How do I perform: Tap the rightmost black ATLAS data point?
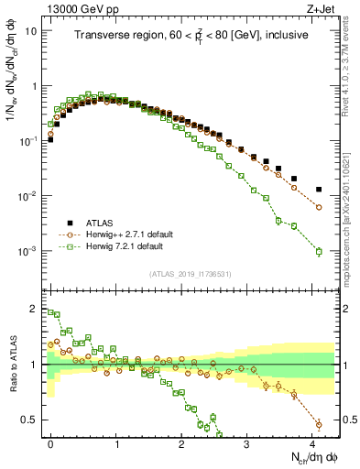[x=319, y=190]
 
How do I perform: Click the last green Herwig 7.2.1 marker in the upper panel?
[x=319, y=252]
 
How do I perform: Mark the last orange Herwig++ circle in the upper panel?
[x=319, y=208]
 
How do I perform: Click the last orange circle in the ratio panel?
[x=319, y=424]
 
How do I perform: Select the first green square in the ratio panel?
[x=50, y=312]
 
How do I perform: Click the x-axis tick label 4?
[x=312, y=443]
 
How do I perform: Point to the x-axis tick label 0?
[x=50, y=443]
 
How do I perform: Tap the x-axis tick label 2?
[x=181, y=443]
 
